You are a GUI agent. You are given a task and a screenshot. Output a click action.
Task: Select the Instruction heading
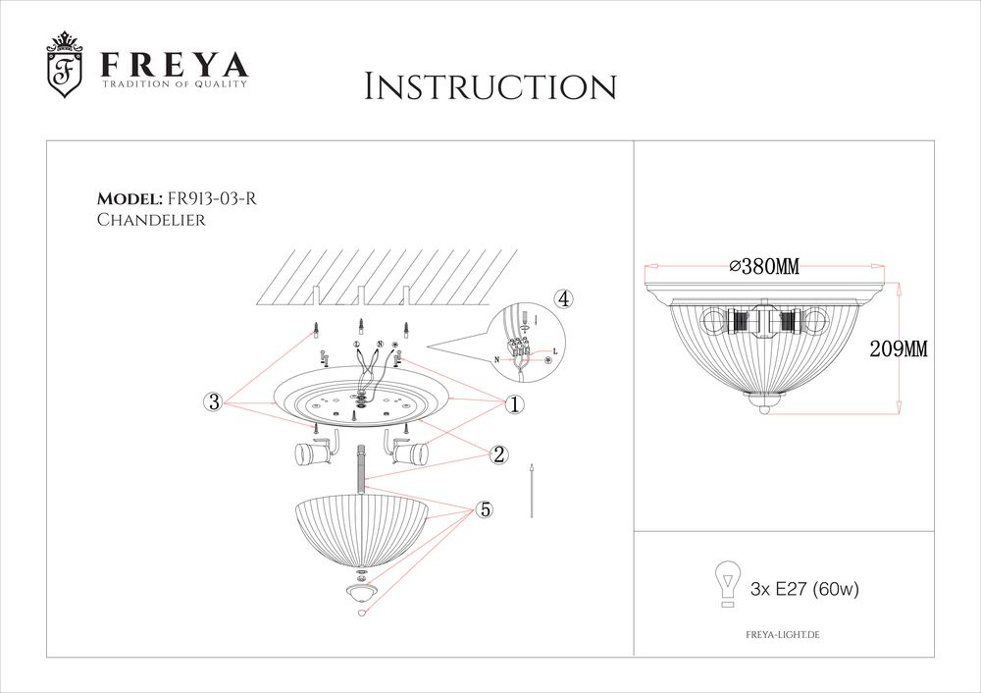490,85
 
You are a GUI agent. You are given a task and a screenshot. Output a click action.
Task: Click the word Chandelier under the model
151,221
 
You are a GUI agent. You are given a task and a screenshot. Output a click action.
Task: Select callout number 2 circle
498,453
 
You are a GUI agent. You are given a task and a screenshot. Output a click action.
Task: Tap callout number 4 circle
562,298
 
